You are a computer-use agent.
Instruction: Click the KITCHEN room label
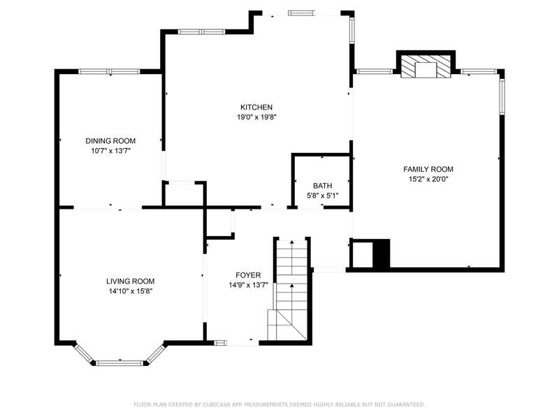click(256, 108)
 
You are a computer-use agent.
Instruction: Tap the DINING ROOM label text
click(110, 141)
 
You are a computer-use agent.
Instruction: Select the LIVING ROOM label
click(131, 281)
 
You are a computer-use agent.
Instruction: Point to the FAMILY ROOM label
click(428, 169)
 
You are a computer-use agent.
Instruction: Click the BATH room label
click(323, 186)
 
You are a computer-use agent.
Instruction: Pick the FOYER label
click(248, 275)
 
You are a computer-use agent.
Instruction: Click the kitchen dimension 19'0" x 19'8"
click(257, 117)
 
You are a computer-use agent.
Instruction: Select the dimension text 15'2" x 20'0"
click(428, 179)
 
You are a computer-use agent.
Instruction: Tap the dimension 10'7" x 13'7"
click(111, 151)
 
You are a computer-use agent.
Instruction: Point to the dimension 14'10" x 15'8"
click(131, 291)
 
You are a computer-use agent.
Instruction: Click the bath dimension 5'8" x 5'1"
click(323, 196)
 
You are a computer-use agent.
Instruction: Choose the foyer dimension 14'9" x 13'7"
click(249, 285)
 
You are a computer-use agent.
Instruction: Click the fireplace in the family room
click(426, 66)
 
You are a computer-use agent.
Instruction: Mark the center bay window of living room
click(119, 363)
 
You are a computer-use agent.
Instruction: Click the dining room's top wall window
click(109, 71)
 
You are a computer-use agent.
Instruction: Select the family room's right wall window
click(502, 96)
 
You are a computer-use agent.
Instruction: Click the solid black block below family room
click(381, 253)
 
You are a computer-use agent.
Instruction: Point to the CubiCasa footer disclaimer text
click(279, 404)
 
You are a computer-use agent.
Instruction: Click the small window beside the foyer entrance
click(220, 343)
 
